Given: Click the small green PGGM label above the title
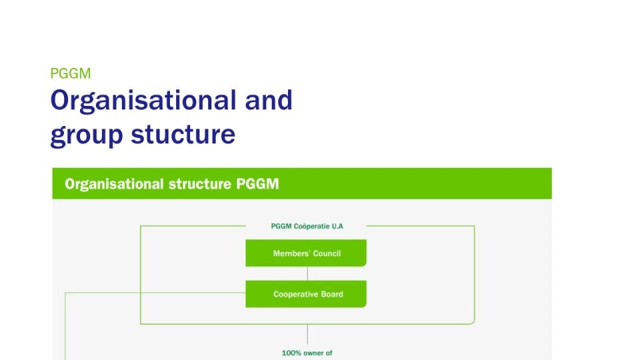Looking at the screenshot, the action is coord(70,73).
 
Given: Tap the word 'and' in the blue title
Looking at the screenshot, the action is coord(269,101).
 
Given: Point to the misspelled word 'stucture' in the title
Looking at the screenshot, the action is coord(183,134).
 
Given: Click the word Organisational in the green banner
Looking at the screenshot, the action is coord(114,184).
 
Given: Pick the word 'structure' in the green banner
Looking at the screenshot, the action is coord(200,184).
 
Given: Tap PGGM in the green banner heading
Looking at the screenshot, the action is coord(257,184).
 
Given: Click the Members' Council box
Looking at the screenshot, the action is coord(306,253).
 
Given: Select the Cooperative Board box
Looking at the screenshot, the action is coord(306,294).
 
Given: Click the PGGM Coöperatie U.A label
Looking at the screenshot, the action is coord(307,226).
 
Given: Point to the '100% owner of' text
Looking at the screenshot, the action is coord(307,353).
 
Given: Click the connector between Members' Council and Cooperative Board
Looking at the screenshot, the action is coord(307,273).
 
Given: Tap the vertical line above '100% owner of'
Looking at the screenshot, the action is coord(307,334).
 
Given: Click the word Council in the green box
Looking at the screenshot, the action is coord(327,253).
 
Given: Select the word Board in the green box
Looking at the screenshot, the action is coord(332,294).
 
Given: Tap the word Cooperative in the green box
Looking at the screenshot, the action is coord(296,294).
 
